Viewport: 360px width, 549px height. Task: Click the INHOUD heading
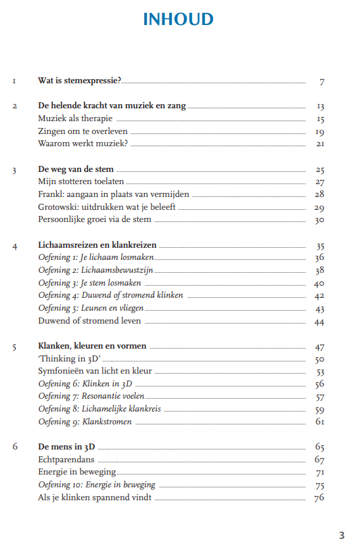[179, 20]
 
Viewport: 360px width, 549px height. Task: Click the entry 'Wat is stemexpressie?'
[80, 81]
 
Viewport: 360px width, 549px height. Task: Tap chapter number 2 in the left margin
[14, 106]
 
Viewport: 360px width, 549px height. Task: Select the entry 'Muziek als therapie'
[75, 119]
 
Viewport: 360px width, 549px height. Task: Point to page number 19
[320, 132]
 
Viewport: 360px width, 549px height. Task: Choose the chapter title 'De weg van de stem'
[76, 169]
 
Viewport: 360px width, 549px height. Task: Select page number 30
[320, 220]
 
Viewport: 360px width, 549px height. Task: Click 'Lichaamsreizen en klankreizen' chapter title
[97, 245]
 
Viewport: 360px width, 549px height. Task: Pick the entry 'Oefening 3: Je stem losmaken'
[85, 283]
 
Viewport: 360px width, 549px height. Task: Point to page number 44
[320, 322]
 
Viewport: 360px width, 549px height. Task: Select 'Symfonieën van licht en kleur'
[95, 372]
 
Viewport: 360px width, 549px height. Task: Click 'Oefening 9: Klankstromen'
[85, 422]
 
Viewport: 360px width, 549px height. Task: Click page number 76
[320, 498]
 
